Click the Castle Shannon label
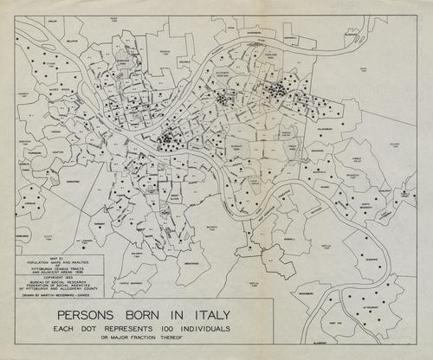(136, 282)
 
